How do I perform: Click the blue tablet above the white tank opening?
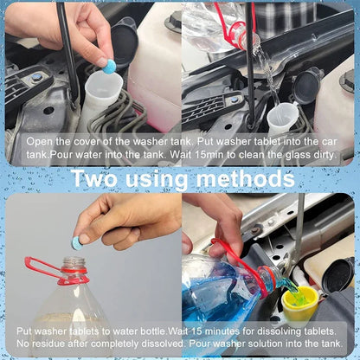pyautogui.click(x=108, y=64)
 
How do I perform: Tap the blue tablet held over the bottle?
pyautogui.click(x=77, y=243)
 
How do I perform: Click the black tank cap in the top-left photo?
pyautogui.click(x=124, y=43)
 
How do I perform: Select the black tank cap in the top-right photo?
pyautogui.click(x=306, y=86)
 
